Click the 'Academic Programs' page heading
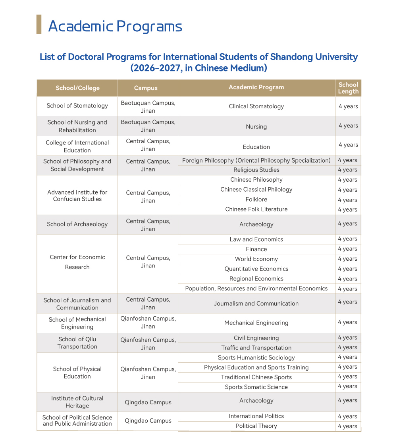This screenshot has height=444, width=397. point(115,26)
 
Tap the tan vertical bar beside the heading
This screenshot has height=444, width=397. point(39,24)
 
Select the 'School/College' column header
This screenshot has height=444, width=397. point(77,88)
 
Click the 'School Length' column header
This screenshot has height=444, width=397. point(348,88)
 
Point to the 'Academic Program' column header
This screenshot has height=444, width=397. point(256,87)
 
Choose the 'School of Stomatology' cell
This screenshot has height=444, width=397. point(77,106)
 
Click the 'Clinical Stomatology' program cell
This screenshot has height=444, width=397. point(256,106)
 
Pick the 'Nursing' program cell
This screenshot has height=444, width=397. point(256,127)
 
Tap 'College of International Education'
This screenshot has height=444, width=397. point(77,146)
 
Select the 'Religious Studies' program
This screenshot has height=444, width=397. point(256,170)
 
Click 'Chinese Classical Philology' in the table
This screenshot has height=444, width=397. point(256,190)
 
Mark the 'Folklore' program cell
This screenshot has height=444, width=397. point(256,200)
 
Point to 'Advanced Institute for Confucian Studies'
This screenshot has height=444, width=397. point(77,196)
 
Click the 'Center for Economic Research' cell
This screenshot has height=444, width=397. point(77,262)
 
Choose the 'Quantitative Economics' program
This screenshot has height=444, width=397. point(256,269)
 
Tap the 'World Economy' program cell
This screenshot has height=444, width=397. point(256,259)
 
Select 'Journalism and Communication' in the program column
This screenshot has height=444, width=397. point(256,304)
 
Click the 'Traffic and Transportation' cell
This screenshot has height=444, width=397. point(256,348)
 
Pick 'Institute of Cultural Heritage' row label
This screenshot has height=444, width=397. point(77,402)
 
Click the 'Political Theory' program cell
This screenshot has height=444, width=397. point(256,426)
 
